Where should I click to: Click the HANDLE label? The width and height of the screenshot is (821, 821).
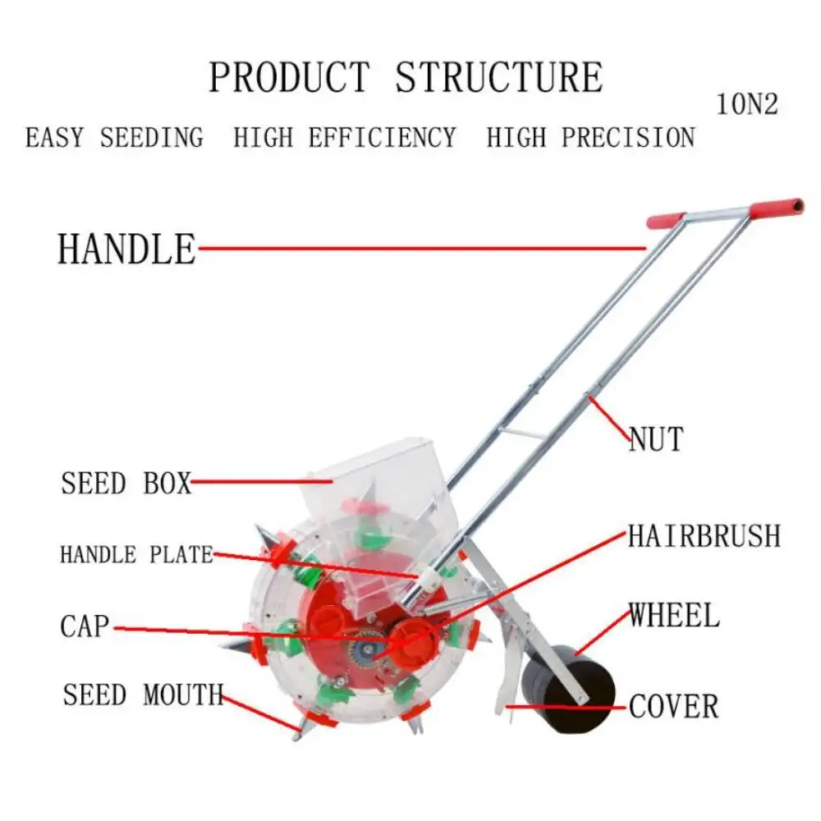pos(126,248)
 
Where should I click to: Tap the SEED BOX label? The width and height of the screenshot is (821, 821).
pos(126,483)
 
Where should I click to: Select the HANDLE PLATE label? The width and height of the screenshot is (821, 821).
pos(136,555)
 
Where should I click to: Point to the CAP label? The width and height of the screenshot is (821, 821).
pos(85,627)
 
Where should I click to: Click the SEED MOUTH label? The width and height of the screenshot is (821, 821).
pos(143,695)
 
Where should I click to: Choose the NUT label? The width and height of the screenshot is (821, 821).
pos(656,439)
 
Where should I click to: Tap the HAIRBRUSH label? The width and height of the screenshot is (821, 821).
pos(704,536)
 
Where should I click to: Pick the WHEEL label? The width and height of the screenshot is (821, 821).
pos(674,616)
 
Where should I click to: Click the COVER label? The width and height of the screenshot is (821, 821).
pos(673,706)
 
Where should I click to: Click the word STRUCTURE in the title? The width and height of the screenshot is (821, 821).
pos(498,77)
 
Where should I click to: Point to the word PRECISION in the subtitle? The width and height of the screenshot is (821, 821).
pos(628,137)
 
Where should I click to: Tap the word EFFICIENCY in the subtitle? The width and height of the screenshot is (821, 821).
pos(382,137)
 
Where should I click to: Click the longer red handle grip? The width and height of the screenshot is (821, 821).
pos(775,207)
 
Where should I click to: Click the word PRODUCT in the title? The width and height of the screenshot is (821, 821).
pos(289,77)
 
